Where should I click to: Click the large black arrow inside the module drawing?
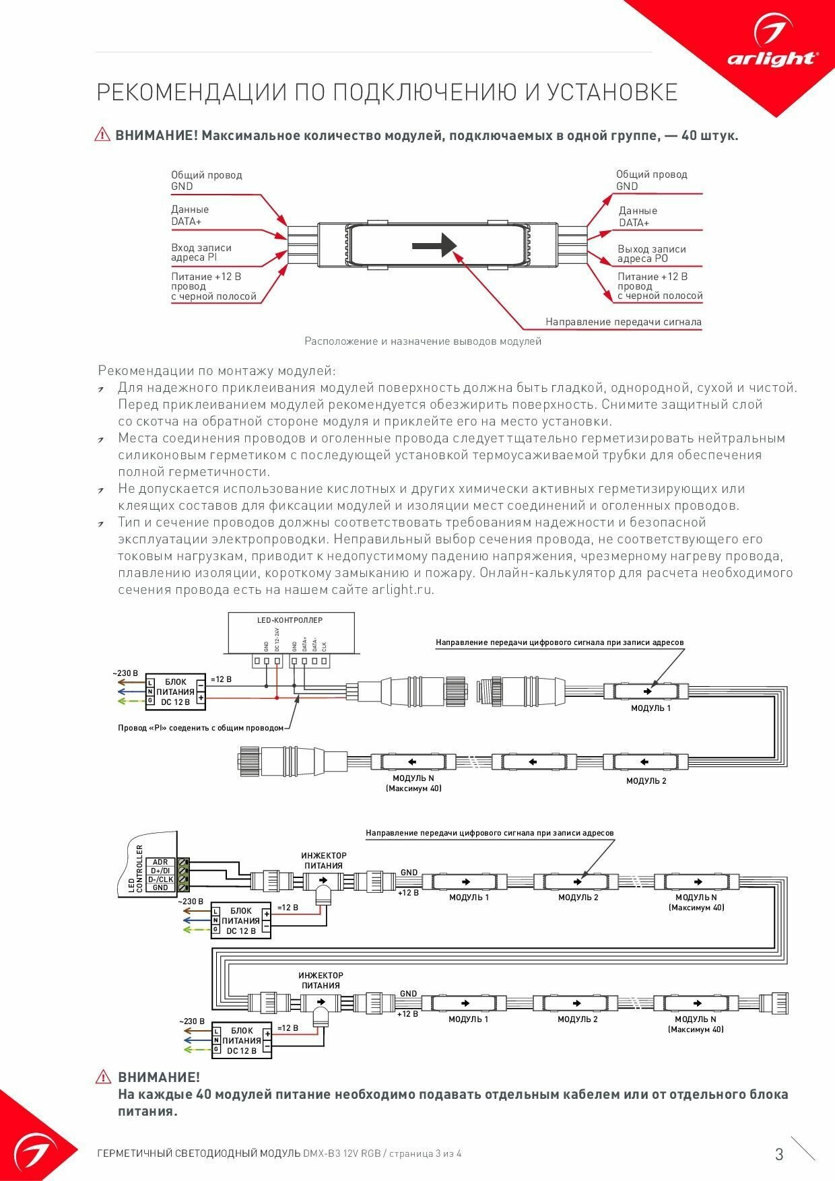pos(434,244)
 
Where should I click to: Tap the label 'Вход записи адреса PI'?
pos(201,252)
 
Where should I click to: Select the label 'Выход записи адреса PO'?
pos(651,254)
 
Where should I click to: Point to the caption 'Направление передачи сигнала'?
pos(623,322)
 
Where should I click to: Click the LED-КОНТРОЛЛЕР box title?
pos(290,620)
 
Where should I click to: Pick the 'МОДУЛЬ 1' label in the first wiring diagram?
pos(650,708)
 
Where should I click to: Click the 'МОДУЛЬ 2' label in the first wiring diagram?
pos(646,780)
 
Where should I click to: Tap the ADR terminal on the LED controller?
pos(160,862)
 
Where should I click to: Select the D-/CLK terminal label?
pos(160,879)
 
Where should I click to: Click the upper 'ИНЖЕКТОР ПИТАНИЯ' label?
pos(323,861)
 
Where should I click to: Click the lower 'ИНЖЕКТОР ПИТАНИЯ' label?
pos(321,980)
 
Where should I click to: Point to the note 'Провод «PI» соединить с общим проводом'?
pos(201,728)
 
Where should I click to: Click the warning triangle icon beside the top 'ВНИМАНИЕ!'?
pos(102,135)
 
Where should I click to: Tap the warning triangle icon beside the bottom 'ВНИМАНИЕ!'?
pos(103,1077)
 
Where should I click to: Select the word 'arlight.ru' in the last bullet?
pos(402,590)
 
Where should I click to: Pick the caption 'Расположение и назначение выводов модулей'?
pos(423,341)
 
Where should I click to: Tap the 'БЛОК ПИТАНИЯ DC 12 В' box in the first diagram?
pos(175,691)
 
